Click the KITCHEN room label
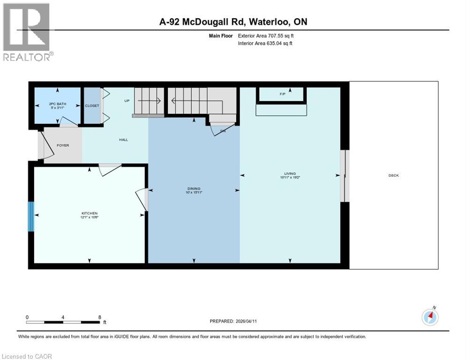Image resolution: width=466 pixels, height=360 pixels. coord(89,213)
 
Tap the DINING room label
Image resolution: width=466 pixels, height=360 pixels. coord(194,189)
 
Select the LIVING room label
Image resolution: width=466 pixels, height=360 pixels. coord(289,174)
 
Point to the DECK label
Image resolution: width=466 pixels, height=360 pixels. coord(393,175)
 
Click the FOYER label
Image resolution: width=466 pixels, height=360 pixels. coord(62,145)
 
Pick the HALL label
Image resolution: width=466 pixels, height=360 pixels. coord(123,140)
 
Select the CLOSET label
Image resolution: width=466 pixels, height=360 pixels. coord(92,105)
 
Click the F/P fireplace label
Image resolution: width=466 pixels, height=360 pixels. coord(283,94)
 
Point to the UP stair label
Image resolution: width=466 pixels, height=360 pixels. coord(127,101)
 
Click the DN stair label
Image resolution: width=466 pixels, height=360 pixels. coord(223,131)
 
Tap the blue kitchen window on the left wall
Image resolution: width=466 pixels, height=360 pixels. coord(31,216)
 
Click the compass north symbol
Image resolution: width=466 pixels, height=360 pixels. coord(430,317)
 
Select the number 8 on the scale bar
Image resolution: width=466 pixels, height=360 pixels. coord(99,317)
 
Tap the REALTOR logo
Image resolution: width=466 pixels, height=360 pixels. coord(27,32)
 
